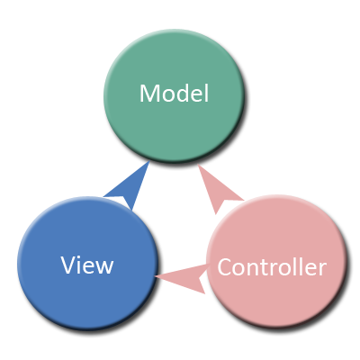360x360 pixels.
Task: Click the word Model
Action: pyautogui.click(x=174, y=93)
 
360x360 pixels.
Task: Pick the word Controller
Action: pyautogui.click(x=271, y=267)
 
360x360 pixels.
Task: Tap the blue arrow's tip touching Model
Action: pyautogui.click(x=147, y=165)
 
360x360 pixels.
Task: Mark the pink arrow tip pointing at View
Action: pyautogui.click(x=160, y=276)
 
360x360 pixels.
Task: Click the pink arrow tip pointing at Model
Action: pyautogui.click(x=201, y=168)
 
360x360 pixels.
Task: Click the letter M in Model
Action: pyautogui.click(x=149, y=93)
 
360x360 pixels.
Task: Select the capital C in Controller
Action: pyautogui.click(x=225, y=267)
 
